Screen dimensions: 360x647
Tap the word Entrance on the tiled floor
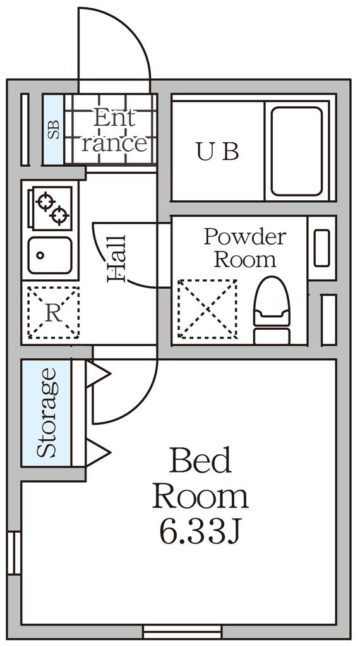pos(114,131)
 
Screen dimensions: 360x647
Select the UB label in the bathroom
pos(217,152)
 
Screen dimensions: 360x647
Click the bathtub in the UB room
pos(296,152)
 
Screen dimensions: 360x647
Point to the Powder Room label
pos(245,248)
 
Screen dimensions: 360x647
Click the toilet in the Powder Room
pos(272,310)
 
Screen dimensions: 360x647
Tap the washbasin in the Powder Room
pos(321,248)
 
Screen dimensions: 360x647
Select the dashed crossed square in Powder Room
pos(207,309)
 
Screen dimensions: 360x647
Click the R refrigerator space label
pos(53,313)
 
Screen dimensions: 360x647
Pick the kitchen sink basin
pos(50,255)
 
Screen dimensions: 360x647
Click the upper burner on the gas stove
pos(45,202)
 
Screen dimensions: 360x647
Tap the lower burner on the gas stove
pos(60,215)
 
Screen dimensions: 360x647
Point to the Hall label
pos(116,259)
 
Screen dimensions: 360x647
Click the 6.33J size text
pos(200,532)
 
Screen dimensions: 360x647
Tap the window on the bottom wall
pos(183,632)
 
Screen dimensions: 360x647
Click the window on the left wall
pos(14,553)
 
